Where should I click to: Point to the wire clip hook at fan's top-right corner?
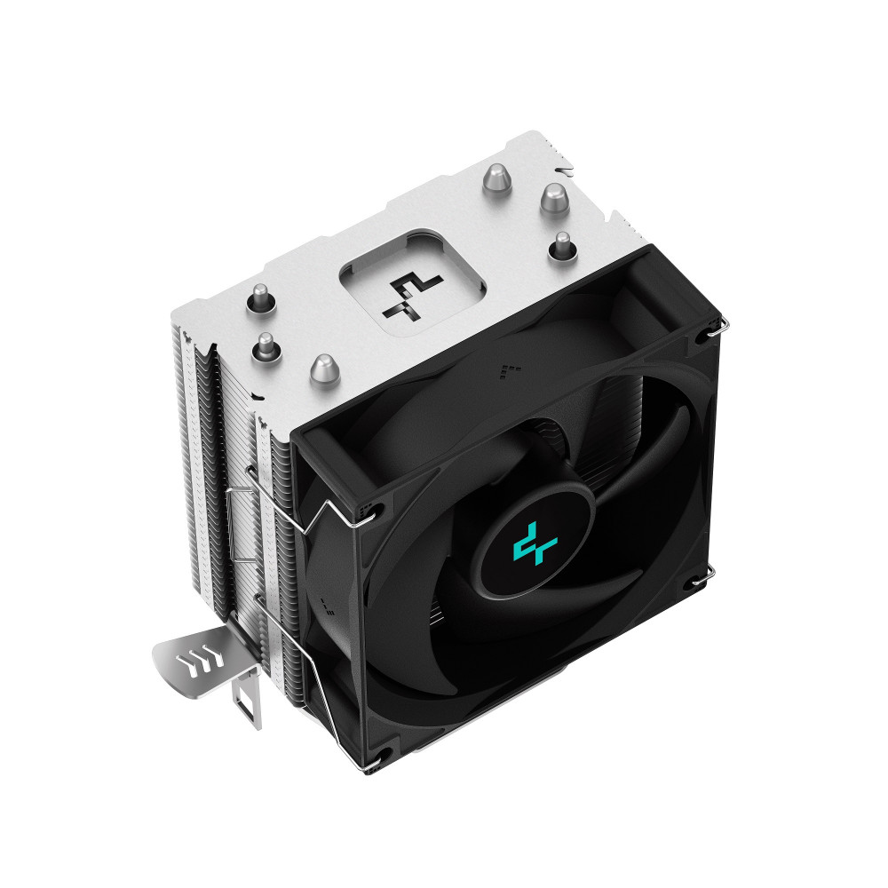click(x=715, y=333)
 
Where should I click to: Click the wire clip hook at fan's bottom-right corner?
click(x=702, y=577)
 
